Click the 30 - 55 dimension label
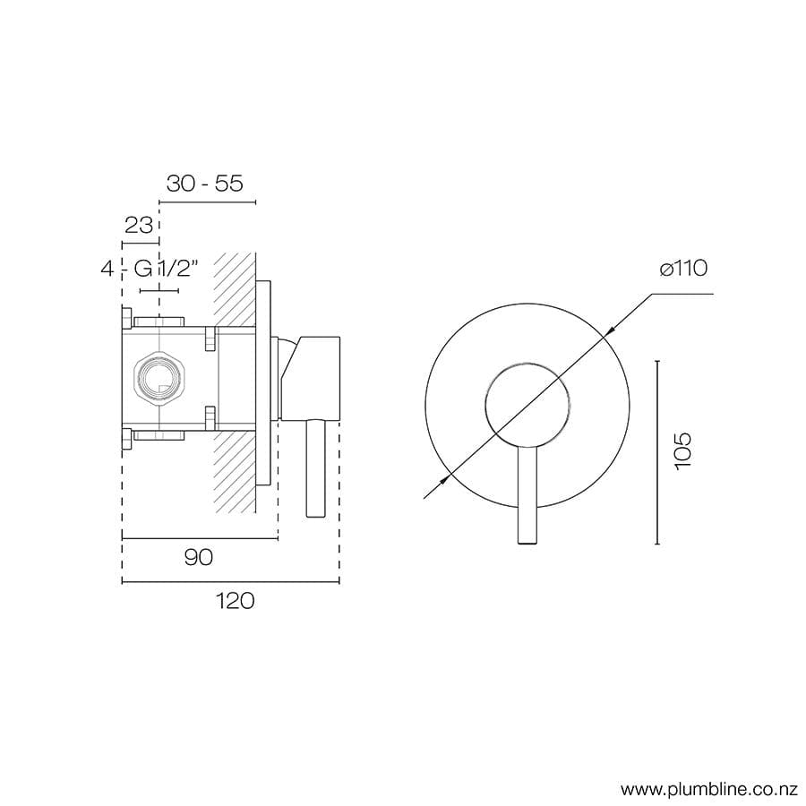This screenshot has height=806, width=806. click(x=205, y=184)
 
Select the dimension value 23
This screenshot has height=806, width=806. click(x=139, y=224)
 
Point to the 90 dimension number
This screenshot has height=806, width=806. click(x=198, y=557)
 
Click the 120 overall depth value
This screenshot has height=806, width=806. click(x=234, y=601)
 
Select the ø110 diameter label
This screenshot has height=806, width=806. click(x=683, y=269)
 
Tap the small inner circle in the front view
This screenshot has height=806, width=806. click(x=526, y=403)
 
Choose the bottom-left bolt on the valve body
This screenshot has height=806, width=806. click(x=126, y=439)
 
